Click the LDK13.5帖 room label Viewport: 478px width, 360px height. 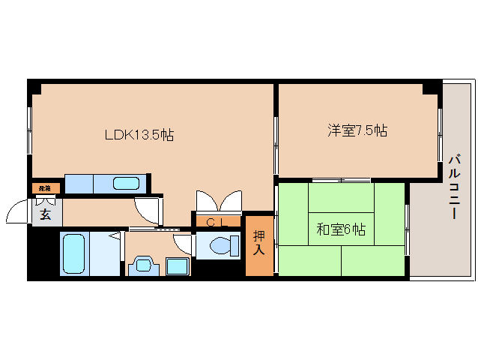point(139,136)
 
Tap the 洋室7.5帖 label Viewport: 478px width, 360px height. point(357,130)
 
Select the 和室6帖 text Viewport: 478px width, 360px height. point(340,230)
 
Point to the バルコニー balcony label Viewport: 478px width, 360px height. point(454,187)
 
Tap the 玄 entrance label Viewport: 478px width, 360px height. point(45,214)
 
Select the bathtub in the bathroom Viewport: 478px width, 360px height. point(73,253)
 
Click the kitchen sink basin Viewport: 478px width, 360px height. point(126,183)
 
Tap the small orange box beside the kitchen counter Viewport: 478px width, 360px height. point(46,187)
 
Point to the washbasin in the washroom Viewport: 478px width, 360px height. point(142,265)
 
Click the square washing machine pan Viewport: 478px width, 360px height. point(178,265)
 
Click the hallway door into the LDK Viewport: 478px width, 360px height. point(148,209)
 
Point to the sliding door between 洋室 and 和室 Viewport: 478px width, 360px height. point(341,180)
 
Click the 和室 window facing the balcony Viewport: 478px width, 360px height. point(408,229)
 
